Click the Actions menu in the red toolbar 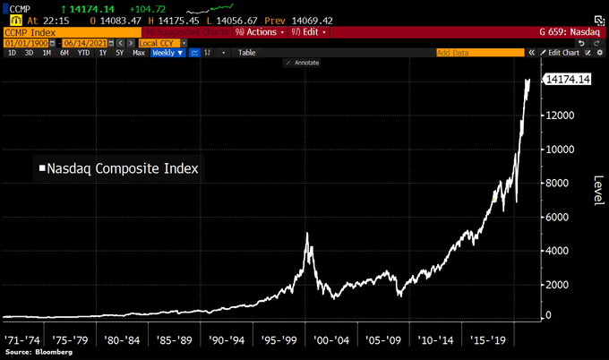pos(263,31)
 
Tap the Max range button pos(139,53)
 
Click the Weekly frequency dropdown pos(167,53)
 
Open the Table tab pos(246,53)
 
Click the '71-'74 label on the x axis pos(24,340)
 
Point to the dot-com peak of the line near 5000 pos(308,234)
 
